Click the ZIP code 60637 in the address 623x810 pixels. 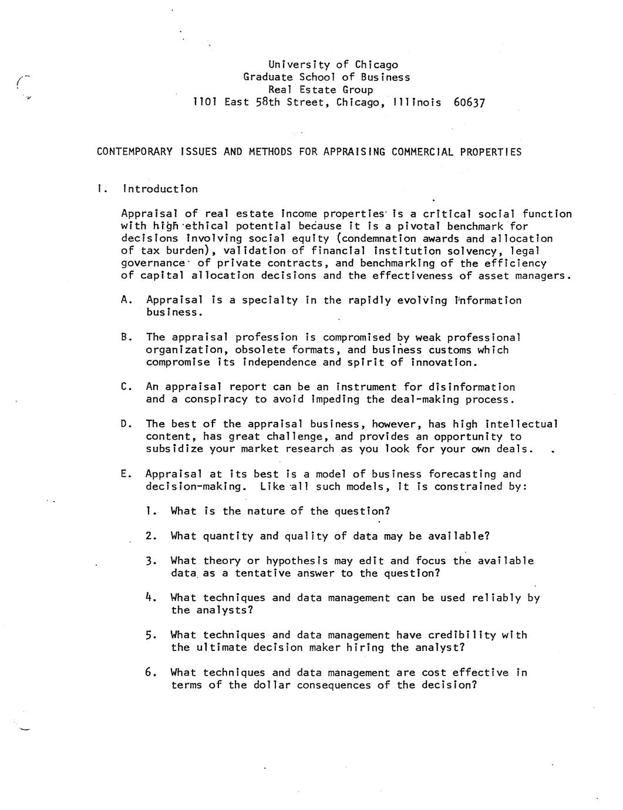click(469, 103)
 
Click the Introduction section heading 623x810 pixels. click(160, 189)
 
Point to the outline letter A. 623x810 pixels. click(124, 301)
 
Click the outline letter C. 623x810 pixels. click(124, 387)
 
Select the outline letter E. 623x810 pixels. click(124, 474)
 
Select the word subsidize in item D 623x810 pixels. click(174, 449)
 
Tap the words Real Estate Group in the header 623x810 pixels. click(321, 90)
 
